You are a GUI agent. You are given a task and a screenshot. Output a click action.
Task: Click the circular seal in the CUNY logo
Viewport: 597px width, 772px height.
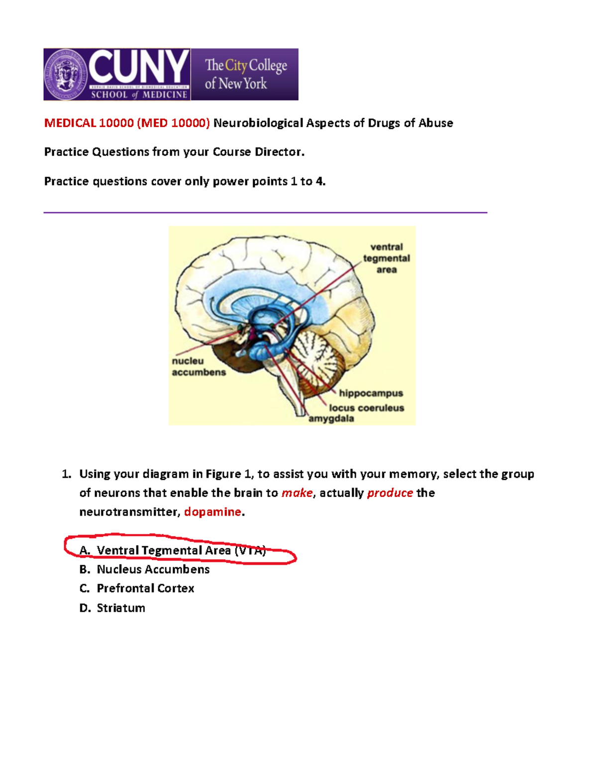pos(66,75)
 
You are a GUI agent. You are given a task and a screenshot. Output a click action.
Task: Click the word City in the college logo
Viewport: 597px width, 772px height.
pos(236,65)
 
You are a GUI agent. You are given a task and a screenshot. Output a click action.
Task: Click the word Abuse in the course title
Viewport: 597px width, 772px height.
pos(435,123)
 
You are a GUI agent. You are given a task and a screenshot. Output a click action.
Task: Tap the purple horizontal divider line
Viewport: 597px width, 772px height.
pos(265,213)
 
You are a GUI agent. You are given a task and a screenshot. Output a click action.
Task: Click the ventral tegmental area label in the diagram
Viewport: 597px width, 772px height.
pos(386,258)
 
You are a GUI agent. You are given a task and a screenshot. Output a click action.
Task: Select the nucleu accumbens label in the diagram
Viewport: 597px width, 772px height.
pos(199,366)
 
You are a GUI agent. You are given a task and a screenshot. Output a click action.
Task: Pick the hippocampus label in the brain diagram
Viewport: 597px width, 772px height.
pos(371,393)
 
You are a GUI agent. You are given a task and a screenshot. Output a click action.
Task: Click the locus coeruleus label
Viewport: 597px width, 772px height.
pos(366,408)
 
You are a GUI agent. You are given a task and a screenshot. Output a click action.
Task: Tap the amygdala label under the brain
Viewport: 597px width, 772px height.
pos(331,419)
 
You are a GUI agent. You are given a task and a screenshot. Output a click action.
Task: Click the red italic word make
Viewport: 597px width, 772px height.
pos(297,493)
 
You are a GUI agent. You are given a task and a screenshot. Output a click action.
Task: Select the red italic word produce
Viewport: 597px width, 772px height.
pos(390,493)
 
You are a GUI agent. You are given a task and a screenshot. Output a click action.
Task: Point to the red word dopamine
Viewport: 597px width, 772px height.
pos(212,512)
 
